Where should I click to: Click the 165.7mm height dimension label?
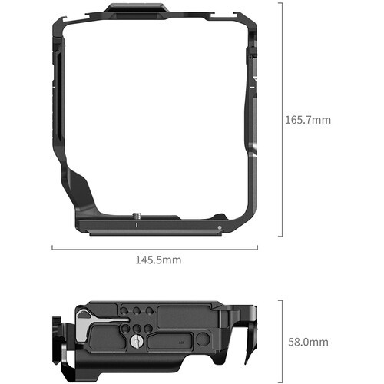308,120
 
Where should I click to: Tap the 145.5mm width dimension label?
158,260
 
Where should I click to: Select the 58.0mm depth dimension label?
308,342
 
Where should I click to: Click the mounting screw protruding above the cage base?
136,216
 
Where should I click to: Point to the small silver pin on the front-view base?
219,227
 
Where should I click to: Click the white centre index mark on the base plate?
136,225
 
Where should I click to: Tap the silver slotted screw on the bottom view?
136,341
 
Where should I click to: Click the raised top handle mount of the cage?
137,10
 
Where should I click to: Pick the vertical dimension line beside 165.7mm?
282,119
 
